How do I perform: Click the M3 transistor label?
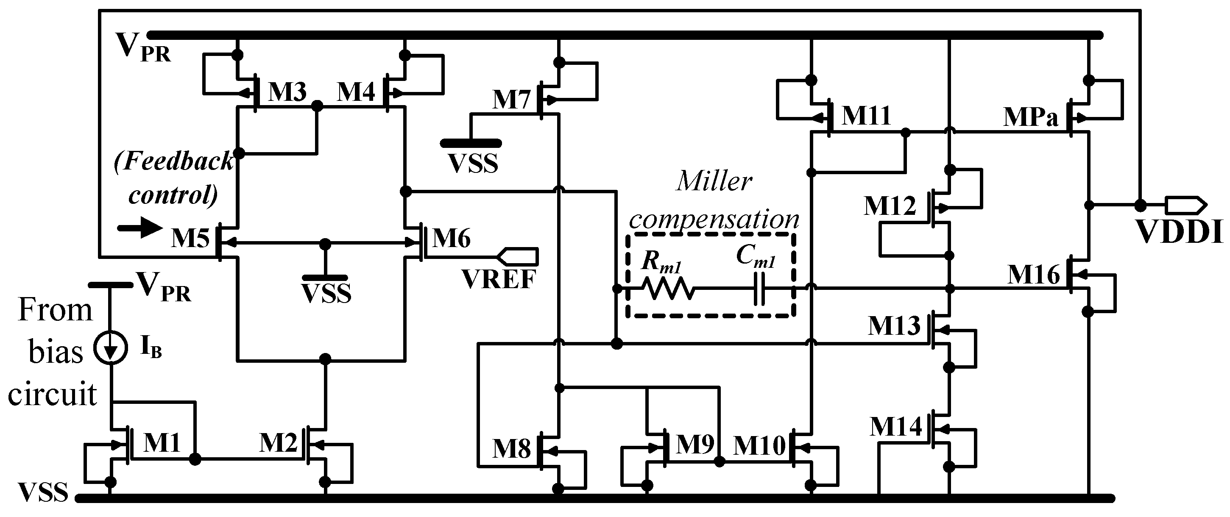pos(287,92)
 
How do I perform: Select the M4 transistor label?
pos(356,92)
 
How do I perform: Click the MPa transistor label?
pos(1030,117)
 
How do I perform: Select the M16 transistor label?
pos(1033,275)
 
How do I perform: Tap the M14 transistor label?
pos(896,426)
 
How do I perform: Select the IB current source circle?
pos(111,347)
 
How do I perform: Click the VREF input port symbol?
pos(518,256)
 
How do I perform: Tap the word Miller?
pos(714,182)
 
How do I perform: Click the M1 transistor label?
pos(162,443)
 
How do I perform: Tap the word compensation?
pos(714,220)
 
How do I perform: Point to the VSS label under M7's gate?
pos(473,164)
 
